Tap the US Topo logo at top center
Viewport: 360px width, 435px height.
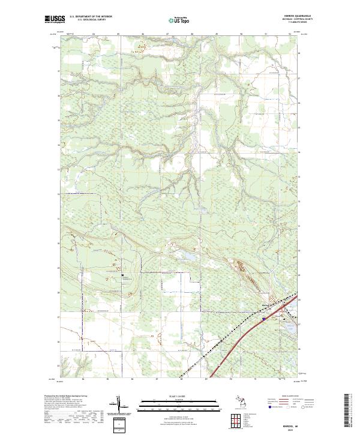tap(178, 20)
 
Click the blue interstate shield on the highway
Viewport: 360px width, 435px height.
tap(263, 320)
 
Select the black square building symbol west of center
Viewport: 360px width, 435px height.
tap(122, 275)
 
